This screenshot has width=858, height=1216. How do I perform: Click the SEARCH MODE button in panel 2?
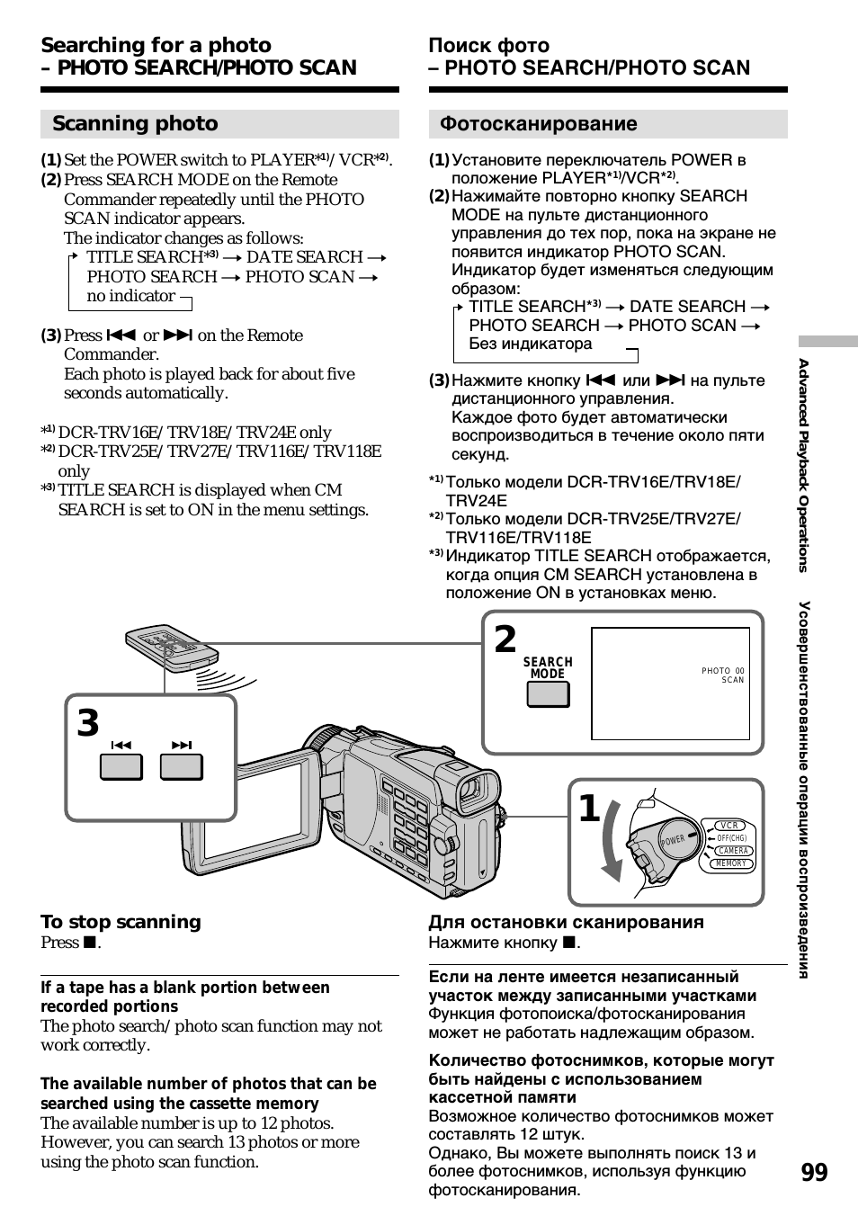click(x=548, y=694)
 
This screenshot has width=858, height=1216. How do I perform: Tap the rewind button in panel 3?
click(x=121, y=767)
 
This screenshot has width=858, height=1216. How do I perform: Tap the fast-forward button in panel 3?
click(x=182, y=767)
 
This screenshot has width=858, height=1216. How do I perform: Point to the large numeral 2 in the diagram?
click(x=505, y=640)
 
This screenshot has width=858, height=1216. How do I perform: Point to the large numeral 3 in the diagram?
click(x=88, y=723)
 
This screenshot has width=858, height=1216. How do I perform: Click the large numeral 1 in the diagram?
click(x=589, y=809)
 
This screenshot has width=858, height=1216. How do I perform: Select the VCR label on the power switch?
click(x=729, y=825)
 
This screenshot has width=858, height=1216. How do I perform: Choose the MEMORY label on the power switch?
click(x=731, y=863)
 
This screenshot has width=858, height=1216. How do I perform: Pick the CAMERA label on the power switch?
click(x=733, y=851)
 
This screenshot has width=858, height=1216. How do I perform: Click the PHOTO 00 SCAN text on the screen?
click(x=724, y=675)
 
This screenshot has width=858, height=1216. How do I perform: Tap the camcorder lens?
click(x=469, y=791)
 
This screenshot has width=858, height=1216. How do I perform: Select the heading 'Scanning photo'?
click(x=135, y=124)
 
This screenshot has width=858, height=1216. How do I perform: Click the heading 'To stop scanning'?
click(x=121, y=922)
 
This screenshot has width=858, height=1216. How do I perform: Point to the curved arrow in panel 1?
click(x=611, y=840)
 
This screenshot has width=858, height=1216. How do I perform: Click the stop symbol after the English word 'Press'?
click(x=89, y=943)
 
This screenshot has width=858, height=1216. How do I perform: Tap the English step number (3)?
click(x=50, y=335)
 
